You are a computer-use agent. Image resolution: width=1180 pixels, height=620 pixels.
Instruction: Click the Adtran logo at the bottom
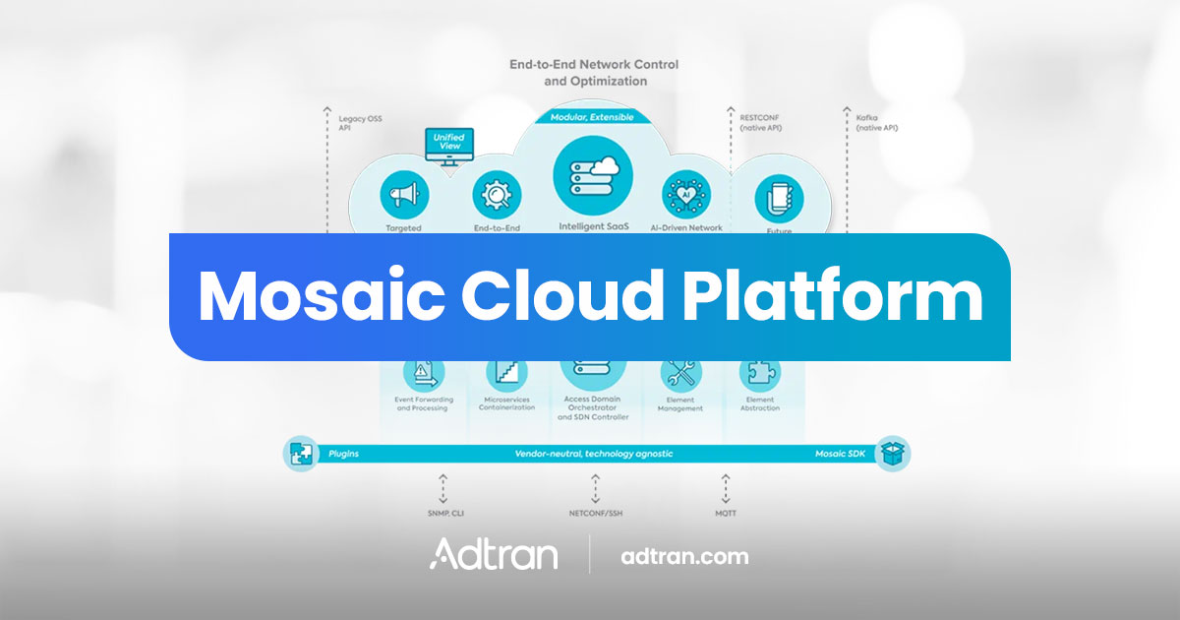(x=494, y=554)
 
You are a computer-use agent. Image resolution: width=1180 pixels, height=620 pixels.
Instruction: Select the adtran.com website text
(x=684, y=556)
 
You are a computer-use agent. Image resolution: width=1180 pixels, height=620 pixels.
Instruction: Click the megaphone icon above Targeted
(x=404, y=196)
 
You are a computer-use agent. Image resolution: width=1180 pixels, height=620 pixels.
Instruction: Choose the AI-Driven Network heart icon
(x=686, y=194)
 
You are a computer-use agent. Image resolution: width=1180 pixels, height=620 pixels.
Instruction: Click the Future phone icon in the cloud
(x=779, y=198)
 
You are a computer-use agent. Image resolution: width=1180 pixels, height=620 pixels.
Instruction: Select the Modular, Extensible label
(x=591, y=116)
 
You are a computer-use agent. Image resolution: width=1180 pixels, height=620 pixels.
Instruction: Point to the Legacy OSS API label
(x=360, y=123)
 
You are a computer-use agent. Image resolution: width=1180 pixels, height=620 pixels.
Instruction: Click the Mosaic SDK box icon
(x=893, y=454)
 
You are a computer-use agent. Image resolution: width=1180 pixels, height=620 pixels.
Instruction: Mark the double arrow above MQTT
(x=725, y=488)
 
